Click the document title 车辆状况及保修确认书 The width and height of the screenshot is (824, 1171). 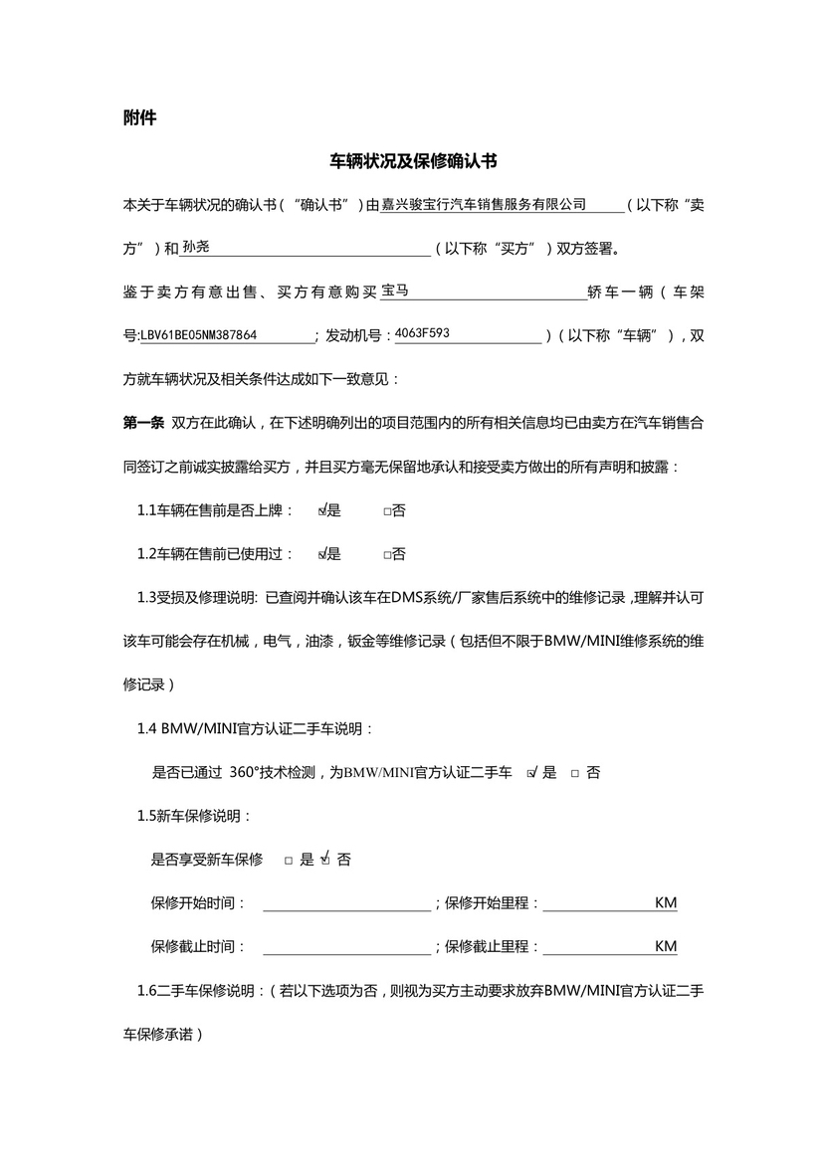tap(413, 161)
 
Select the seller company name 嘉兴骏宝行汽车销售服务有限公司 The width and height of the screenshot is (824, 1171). tap(485, 205)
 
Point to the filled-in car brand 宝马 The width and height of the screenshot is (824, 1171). tap(396, 291)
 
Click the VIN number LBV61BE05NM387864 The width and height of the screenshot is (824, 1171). tap(199, 335)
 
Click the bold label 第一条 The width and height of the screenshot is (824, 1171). tap(142, 423)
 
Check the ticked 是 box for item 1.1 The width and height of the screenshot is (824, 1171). tap(322, 510)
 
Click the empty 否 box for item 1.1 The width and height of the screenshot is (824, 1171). tap(387, 511)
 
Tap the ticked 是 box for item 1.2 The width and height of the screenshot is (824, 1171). tap(322, 554)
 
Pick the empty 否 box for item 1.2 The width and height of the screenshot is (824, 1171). tap(387, 555)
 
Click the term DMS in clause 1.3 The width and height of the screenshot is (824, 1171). tap(410, 597)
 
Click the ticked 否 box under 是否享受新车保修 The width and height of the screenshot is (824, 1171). tap(325, 859)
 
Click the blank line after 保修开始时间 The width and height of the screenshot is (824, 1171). tap(345, 903)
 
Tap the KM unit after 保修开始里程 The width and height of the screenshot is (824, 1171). tap(666, 903)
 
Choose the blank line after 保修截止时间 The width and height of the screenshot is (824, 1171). tap(345, 947)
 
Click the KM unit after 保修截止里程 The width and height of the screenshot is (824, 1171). tap(666, 947)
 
